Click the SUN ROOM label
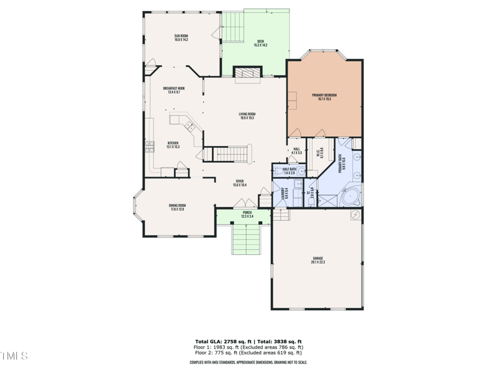click(x=181, y=36)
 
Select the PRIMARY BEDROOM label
click(x=324, y=94)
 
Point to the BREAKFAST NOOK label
click(x=173, y=88)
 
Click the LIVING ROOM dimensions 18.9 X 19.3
click(x=247, y=117)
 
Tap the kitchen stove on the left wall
click(x=149, y=147)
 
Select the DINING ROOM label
click(x=177, y=205)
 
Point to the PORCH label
click(x=247, y=213)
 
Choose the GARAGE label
click(x=317, y=258)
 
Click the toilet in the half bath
click(x=277, y=170)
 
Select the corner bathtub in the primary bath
click(x=351, y=196)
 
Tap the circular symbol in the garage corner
click(x=355, y=216)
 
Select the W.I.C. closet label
click(x=318, y=152)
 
